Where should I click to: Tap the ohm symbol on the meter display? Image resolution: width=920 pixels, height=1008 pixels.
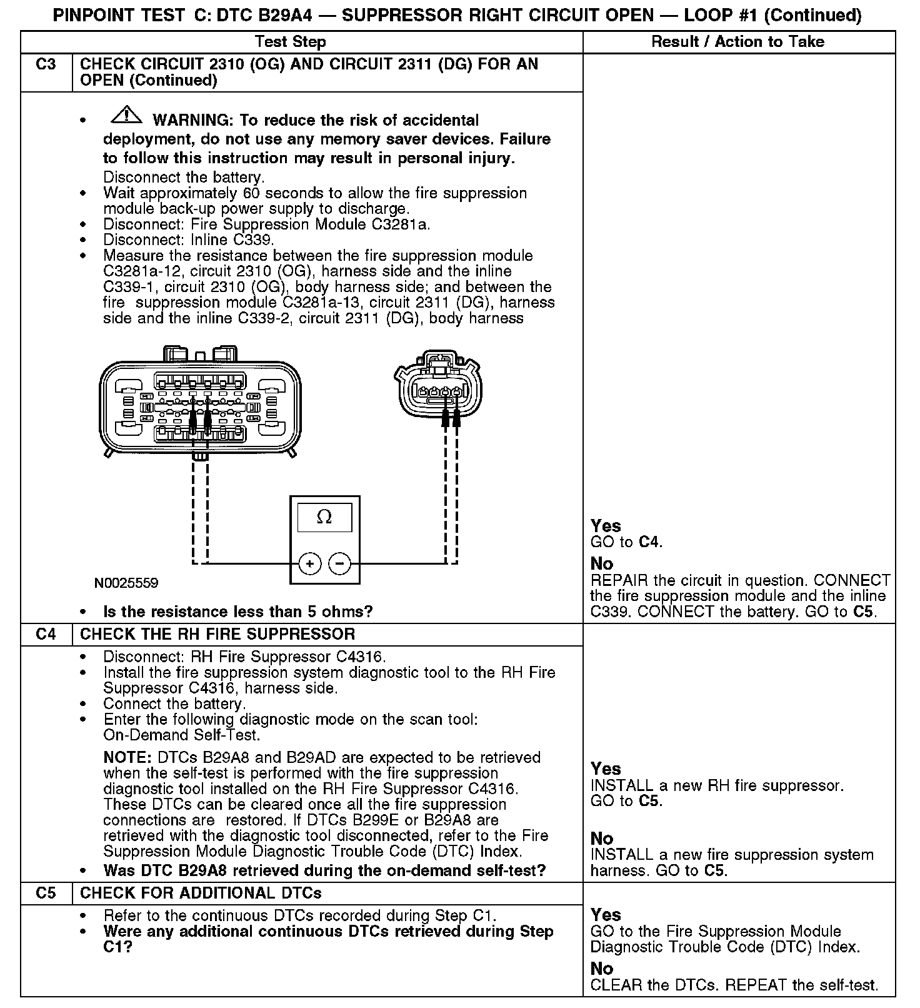point(324,517)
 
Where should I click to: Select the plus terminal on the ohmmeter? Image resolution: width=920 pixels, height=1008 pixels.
point(310,563)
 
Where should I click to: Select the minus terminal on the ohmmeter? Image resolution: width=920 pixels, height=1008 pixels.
point(340,563)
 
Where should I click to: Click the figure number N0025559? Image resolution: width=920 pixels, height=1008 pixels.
point(126,583)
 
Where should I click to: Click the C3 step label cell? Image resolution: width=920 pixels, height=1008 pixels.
point(46,64)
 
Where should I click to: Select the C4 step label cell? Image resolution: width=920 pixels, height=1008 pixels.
point(46,634)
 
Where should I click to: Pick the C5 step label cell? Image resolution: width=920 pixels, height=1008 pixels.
point(46,893)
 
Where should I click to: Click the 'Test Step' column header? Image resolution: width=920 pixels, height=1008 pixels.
point(291,42)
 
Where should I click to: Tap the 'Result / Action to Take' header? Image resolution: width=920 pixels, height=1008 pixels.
point(737,42)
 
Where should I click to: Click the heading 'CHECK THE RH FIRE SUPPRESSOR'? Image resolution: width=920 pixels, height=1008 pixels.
point(217,634)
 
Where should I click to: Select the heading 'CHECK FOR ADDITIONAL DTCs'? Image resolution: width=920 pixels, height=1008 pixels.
point(201,893)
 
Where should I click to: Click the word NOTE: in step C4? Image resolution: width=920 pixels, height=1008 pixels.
point(127,758)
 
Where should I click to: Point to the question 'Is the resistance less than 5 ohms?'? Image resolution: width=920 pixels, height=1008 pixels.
point(237,612)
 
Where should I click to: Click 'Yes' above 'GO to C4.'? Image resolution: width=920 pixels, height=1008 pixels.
point(606,526)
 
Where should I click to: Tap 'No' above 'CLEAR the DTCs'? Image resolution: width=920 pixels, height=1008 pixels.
point(602,969)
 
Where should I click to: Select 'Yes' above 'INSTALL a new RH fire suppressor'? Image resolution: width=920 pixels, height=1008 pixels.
point(606,769)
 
